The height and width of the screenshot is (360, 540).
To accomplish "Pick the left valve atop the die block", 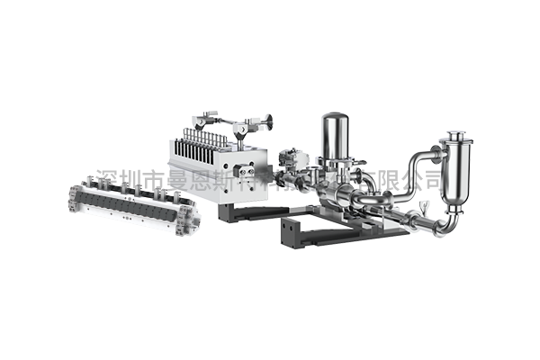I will (x=210, y=120).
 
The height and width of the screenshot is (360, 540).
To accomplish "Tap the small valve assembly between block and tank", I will (x=292, y=162).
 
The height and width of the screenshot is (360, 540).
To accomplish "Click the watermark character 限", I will (x=384, y=177).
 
